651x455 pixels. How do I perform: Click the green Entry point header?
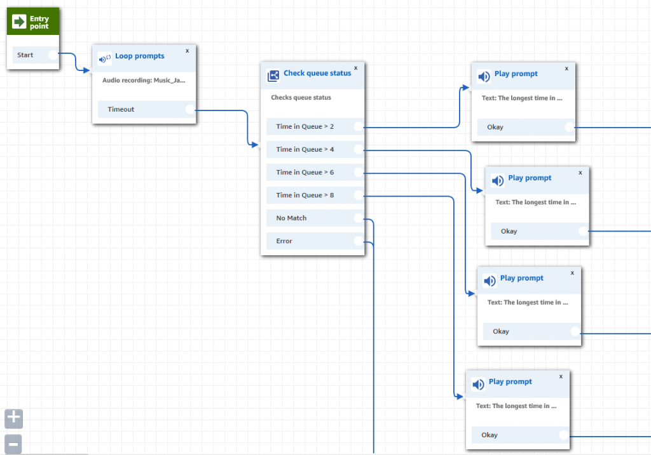(x=33, y=22)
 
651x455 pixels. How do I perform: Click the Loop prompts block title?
(x=139, y=56)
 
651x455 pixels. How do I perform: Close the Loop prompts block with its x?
(x=187, y=50)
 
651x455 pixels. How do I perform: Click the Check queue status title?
(x=317, y=74)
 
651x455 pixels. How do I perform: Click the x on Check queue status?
(x=355, y=67)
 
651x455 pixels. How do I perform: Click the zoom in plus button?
(x=13, y=419)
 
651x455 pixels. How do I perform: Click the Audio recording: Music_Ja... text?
(x=144, y=81)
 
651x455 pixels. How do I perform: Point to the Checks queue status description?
(x=301, y=98)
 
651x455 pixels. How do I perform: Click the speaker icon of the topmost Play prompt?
(x=484, y=77)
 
